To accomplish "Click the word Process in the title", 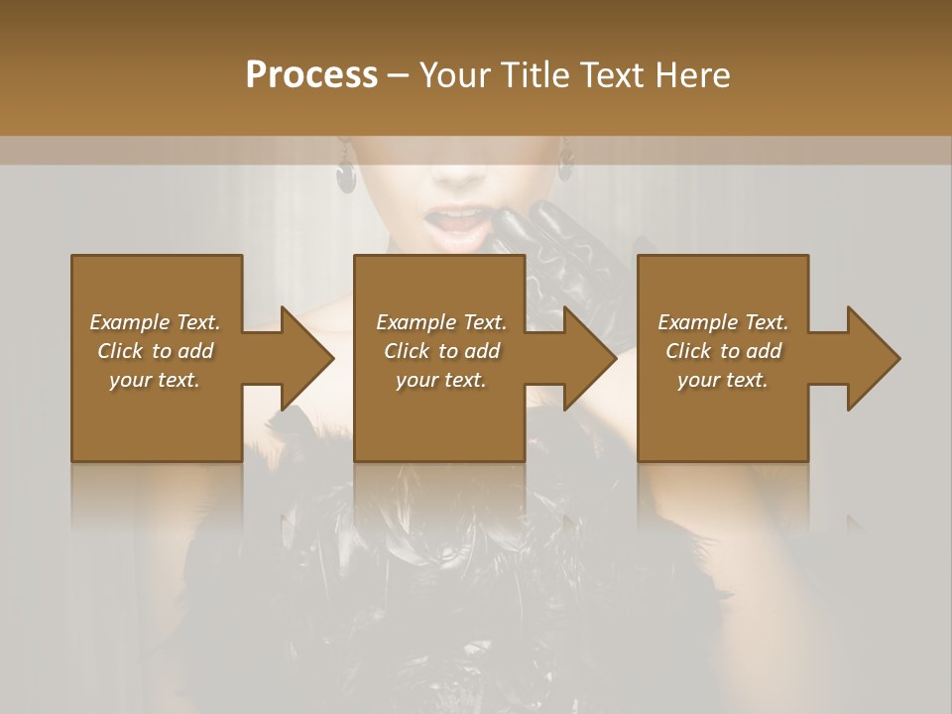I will [x=311, y=75].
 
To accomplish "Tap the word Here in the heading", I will [x=693, y=75].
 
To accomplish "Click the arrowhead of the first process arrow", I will [x=308, y=358].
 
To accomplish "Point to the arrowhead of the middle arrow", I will [x=591, y=358].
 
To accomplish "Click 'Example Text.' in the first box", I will [x=155, y=322].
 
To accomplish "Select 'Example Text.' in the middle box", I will [x=441, y=322].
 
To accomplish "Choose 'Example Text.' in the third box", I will [x=723, y=322].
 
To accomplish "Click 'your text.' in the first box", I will [x=155, y=380].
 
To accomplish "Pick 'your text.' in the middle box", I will [x=441, y=380].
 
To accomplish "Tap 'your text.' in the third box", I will [x=723, y=380].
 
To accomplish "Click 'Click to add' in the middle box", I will [x=441, y=351].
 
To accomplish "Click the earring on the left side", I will [x=346, y=173].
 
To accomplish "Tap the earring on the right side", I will [x=566, y=166].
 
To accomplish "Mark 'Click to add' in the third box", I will [x=723, y=351].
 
